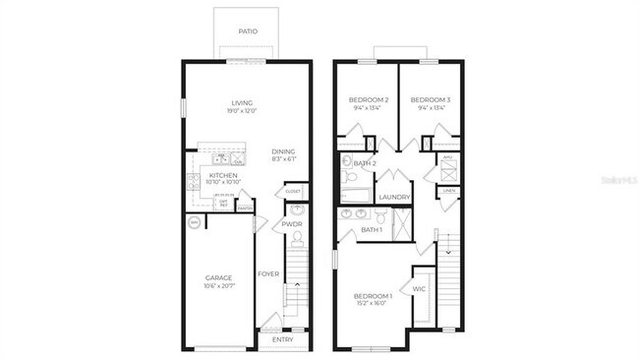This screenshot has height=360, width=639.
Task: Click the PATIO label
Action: click(x=249, y=31)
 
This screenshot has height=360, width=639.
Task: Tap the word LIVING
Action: click(x=242, y=102)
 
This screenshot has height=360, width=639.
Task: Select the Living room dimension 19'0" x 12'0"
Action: click(x=242, y=111)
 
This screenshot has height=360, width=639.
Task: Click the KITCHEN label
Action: click(x=222, y=175)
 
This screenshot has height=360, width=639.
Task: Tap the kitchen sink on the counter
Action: click(x=222, y=157)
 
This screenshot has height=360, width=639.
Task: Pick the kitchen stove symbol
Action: click(x=194, y=181)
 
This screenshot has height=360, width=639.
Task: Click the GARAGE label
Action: click(x=218, y=277)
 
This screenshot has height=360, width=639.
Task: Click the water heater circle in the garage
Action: click(x=193, y=222)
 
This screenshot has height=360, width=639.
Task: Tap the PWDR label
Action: click(x=292, y=224)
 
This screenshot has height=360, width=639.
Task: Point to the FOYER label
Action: click(x=267, y=273)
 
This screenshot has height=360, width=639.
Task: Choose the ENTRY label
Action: click(x=282, y=340)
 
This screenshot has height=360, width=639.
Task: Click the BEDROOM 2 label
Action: click(x=369, y=100)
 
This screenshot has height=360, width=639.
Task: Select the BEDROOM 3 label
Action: click(x=430, y=100)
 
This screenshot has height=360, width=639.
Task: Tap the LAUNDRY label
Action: click(x=394, y=197)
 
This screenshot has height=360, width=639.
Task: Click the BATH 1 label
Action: click(x=372, y=230)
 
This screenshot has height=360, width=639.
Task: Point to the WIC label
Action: click(x=418, y=289)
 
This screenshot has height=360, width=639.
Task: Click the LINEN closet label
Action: click(x=449, y=191)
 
